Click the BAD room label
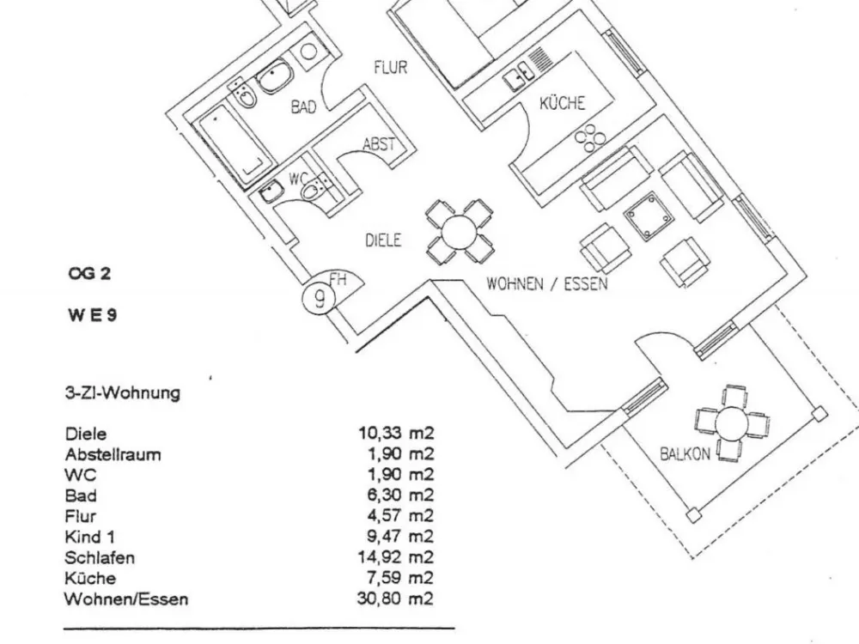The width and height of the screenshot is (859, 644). tap(303, 106)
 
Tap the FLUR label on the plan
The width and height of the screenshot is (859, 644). tap(391, 67)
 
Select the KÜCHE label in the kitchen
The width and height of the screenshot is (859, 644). tap(562, 103)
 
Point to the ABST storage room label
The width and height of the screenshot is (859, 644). tap(379, 144)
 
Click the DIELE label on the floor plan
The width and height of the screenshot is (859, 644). tap(383, 240)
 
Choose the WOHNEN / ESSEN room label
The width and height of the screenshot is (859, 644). tap(546, 283)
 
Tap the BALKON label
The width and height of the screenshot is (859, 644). tap(685, 454)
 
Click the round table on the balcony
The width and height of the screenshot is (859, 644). tap(731, 422)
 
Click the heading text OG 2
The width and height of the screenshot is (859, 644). tap(89, 273)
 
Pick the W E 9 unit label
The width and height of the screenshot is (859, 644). tap(93, 315)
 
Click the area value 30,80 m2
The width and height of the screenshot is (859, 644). tap(395, 598)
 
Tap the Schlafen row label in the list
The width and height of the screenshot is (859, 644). tap(99, 557)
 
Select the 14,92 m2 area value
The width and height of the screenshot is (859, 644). tap(395, 557)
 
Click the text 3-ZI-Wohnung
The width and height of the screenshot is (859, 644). tap(122, 393)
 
